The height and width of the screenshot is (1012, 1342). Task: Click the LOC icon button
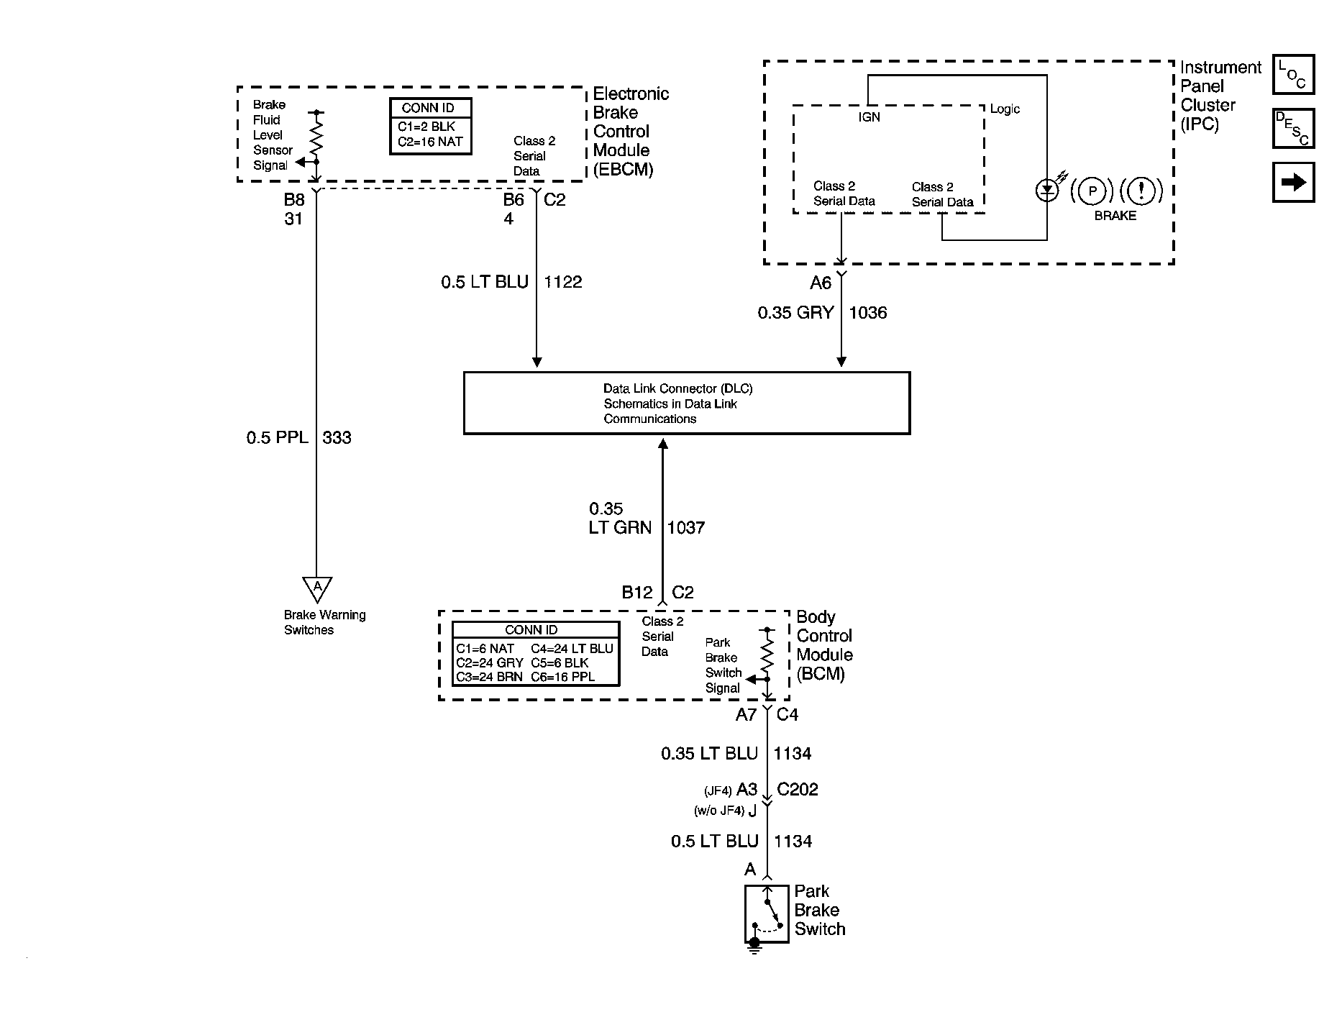(1293, 75)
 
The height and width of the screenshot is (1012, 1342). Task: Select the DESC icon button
(1293, 129)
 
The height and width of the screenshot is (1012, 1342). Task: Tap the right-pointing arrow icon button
(1293, 182)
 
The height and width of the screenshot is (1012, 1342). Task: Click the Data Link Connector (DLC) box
(687, 403)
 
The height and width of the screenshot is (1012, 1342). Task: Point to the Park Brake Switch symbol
(767, 914)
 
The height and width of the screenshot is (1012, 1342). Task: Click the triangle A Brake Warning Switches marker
(317, 589)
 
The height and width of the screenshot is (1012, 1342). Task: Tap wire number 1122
(563, 282)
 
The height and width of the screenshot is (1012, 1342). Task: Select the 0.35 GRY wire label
(795, 313)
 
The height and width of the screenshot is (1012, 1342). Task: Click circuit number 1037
(686, 528)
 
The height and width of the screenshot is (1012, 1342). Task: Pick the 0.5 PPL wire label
(277, 437)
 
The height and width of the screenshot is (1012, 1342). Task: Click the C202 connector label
(798, 790)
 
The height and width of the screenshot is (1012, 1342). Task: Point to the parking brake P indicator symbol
(1092, 191)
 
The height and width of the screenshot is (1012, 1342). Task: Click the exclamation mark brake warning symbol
(1141, 191)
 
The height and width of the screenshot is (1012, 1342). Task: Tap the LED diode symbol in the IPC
(1047, 191)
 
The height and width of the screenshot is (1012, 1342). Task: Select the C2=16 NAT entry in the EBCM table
(430, 142)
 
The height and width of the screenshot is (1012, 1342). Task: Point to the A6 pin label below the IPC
(821, 283)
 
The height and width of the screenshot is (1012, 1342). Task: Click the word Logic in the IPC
(1005, 109)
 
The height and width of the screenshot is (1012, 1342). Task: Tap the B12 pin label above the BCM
(637, 593)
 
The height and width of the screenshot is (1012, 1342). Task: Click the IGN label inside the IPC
(869, 117)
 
